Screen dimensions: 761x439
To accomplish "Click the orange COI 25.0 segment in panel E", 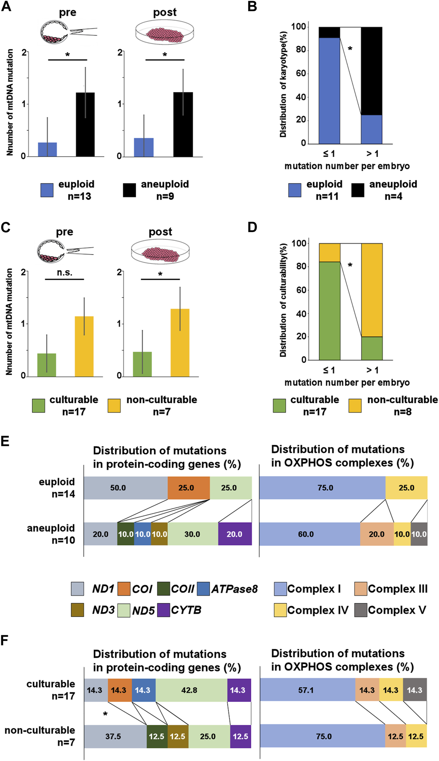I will coord(188,488).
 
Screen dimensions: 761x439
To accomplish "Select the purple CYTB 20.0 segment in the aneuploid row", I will coord(235,534).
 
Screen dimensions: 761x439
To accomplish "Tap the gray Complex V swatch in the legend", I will coord(360,610).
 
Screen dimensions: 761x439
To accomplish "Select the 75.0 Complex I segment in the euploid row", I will coord(322,488).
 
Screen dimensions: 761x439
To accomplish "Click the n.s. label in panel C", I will coord(64,273).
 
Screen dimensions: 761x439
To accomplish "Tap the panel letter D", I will coord(252,228).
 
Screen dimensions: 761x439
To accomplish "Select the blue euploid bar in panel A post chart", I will coord(144,147).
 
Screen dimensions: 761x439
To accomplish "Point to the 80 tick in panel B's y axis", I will coord(300,50).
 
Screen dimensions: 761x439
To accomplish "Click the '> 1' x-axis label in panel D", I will coord(372,370).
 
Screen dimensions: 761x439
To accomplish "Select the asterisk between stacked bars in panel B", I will coord(350,49).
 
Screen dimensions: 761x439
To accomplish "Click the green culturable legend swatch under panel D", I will coord(279,405).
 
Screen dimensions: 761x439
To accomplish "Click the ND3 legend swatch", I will coord(77,610).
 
